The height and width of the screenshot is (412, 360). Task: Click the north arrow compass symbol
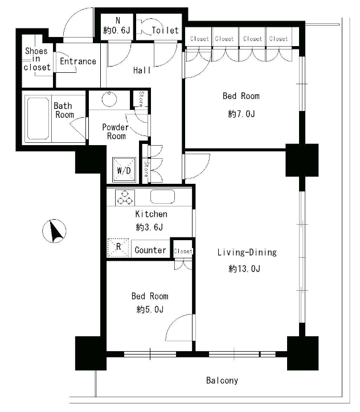tap(54, 231)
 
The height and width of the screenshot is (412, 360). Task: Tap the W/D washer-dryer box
tap(124, 170)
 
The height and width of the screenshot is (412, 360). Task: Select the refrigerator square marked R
tap(118, 248)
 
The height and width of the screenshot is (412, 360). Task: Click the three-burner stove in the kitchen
tap(125, 197)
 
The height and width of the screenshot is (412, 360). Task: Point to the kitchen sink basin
tap(162, 196)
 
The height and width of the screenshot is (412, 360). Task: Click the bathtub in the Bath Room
tap(38, 118)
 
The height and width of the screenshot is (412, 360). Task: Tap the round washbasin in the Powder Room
tap(109, 99)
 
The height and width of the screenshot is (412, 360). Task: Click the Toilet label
tap(165, 31)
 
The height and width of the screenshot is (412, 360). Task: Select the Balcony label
tap(222, 381)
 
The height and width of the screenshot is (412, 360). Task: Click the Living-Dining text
tap(247, 253)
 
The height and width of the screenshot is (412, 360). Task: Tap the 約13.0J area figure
tap(244, 269)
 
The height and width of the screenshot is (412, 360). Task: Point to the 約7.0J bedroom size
tap(242, 114)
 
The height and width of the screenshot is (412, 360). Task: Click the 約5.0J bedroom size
tap(150, 309)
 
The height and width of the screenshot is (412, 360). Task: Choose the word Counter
tap(150, 250)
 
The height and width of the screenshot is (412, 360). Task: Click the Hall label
tap(142, 70)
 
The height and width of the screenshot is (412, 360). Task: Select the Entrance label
tap(78, 61)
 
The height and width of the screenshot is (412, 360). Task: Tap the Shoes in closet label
tap(37, 59)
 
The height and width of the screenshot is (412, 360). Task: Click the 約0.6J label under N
tap(117, 31)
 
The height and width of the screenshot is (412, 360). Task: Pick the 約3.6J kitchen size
tap(149, 227)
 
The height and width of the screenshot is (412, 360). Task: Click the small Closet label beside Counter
tap(183, 251)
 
